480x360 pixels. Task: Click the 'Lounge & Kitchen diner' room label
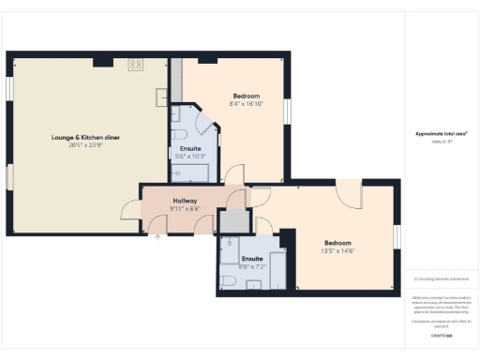point(85,138)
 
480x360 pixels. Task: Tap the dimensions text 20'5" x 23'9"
point(85,145)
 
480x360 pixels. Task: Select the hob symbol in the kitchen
point(135,65)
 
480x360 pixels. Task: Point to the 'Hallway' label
point(184,201)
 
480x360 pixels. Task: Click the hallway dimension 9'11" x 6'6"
point(184,208)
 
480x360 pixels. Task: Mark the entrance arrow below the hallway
point(157,237)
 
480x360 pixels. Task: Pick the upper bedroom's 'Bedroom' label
point(246,96)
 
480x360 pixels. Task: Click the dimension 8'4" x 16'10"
point(246,103)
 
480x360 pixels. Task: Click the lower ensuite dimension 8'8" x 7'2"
point(252,266)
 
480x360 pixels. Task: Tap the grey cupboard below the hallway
point(231,221)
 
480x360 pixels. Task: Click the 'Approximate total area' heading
point(442,134)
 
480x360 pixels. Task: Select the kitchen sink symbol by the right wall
point(162,96)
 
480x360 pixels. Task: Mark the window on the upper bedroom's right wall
point(288,110)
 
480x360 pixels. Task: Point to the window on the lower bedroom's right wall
point(397,237)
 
